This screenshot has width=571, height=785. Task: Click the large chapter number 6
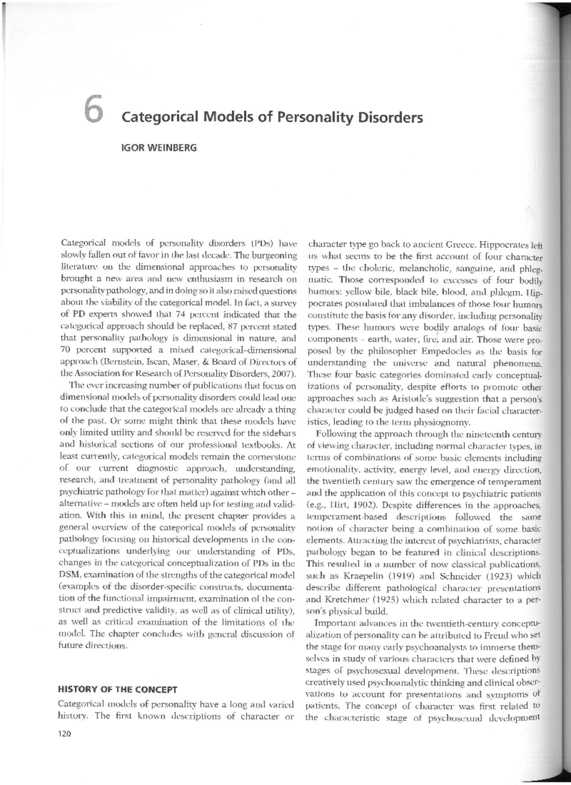point(91,111)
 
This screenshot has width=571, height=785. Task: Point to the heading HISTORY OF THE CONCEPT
point(117,689)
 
